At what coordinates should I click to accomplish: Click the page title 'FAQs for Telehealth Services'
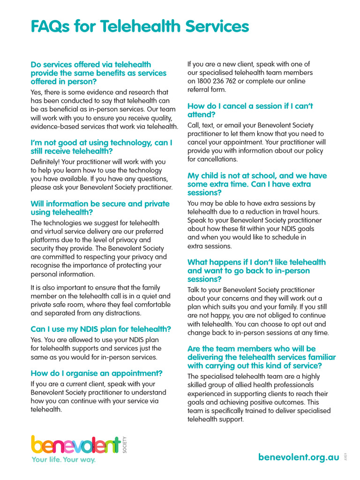140,26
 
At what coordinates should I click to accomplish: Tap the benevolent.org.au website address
299,457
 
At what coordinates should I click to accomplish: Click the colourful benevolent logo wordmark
75,446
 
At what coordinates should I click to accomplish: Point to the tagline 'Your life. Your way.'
63,460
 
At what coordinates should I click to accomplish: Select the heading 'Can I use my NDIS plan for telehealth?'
101,329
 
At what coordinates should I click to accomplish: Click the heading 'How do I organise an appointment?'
97,373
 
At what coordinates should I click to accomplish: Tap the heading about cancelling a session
250,110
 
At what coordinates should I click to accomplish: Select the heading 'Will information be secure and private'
100,208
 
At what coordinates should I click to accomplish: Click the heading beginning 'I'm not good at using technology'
101,147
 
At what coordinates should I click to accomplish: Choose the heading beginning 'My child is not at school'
257,184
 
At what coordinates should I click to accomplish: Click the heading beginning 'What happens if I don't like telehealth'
256,270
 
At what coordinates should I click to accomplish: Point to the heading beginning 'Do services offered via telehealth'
98,73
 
